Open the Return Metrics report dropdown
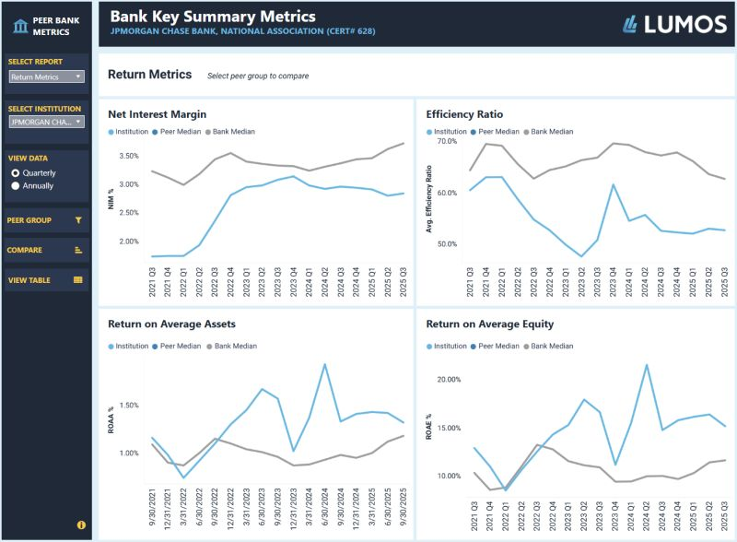click(47, 77)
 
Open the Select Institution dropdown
click(47, 122)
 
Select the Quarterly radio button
click(15, 172)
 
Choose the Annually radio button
click(15, 185)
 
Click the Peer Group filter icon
click(78, 220)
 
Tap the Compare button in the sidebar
click(47, 250)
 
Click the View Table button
click(47, 279)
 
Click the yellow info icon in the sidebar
click(81, 524)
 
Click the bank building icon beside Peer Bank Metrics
click(19, 25)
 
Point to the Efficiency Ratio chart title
click(464, 115)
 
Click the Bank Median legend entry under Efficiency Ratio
click(552, 132)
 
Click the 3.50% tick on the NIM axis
click(129, 155)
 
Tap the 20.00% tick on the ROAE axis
click(447, 380)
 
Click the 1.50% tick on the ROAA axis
click(129, 406)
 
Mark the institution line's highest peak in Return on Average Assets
click(324, 364)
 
